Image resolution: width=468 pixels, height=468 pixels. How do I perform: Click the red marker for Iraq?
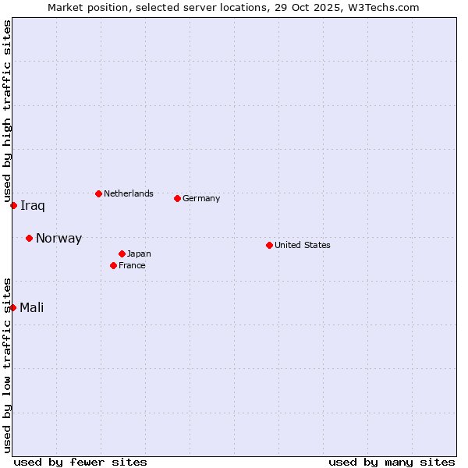14,205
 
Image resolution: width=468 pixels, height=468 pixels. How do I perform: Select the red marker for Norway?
29,238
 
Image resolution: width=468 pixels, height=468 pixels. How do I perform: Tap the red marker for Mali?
13,307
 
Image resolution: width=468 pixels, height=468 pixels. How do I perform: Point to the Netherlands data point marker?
98,193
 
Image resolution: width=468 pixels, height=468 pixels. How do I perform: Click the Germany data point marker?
177,198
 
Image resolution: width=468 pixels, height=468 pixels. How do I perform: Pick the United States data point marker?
269,245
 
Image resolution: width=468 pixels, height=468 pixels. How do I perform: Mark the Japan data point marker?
122,253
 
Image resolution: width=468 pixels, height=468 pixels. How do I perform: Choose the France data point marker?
114,265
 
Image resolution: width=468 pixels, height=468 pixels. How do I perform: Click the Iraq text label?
33,206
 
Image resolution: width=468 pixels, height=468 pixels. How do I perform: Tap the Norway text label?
58,239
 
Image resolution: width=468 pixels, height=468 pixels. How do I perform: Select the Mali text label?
32,307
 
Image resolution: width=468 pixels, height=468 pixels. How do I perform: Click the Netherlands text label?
129,193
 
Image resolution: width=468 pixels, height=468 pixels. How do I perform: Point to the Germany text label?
201,198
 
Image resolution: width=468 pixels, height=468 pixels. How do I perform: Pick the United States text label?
303,245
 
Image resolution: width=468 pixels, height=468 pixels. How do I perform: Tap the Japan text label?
139,253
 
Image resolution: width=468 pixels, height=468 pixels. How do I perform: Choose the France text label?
132,265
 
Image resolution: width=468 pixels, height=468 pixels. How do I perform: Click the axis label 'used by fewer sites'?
80,462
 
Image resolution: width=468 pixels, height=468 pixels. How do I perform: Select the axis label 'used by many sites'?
392,462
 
